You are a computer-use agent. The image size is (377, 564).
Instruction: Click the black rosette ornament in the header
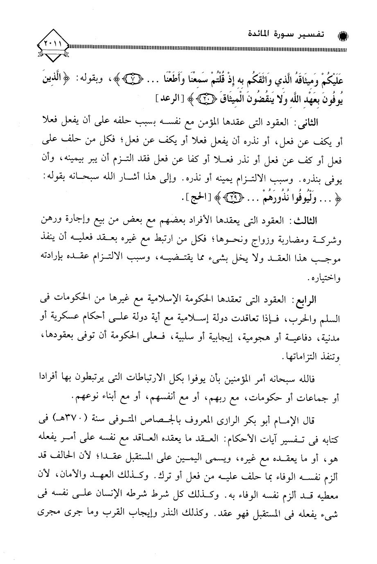[343, 36]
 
